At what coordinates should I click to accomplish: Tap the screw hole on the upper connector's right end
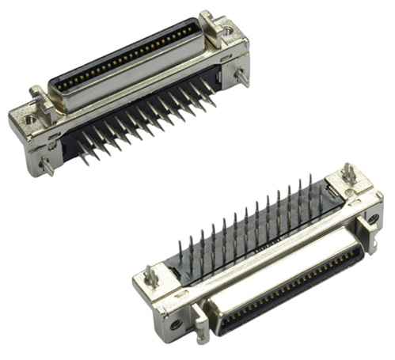tap(228, 30)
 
